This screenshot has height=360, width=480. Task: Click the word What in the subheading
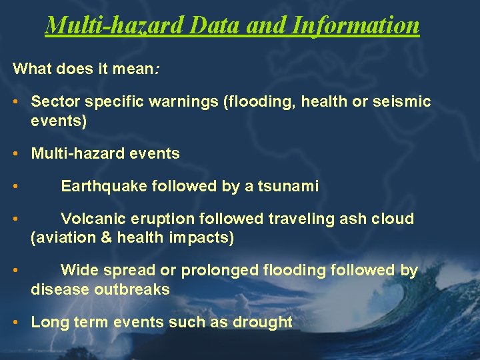pyautogui.click(x=31, y=68)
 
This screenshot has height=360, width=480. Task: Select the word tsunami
pyautogui.click(x=288, y=187)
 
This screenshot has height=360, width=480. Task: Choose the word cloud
pyautogui.click(x=393, y=219)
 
